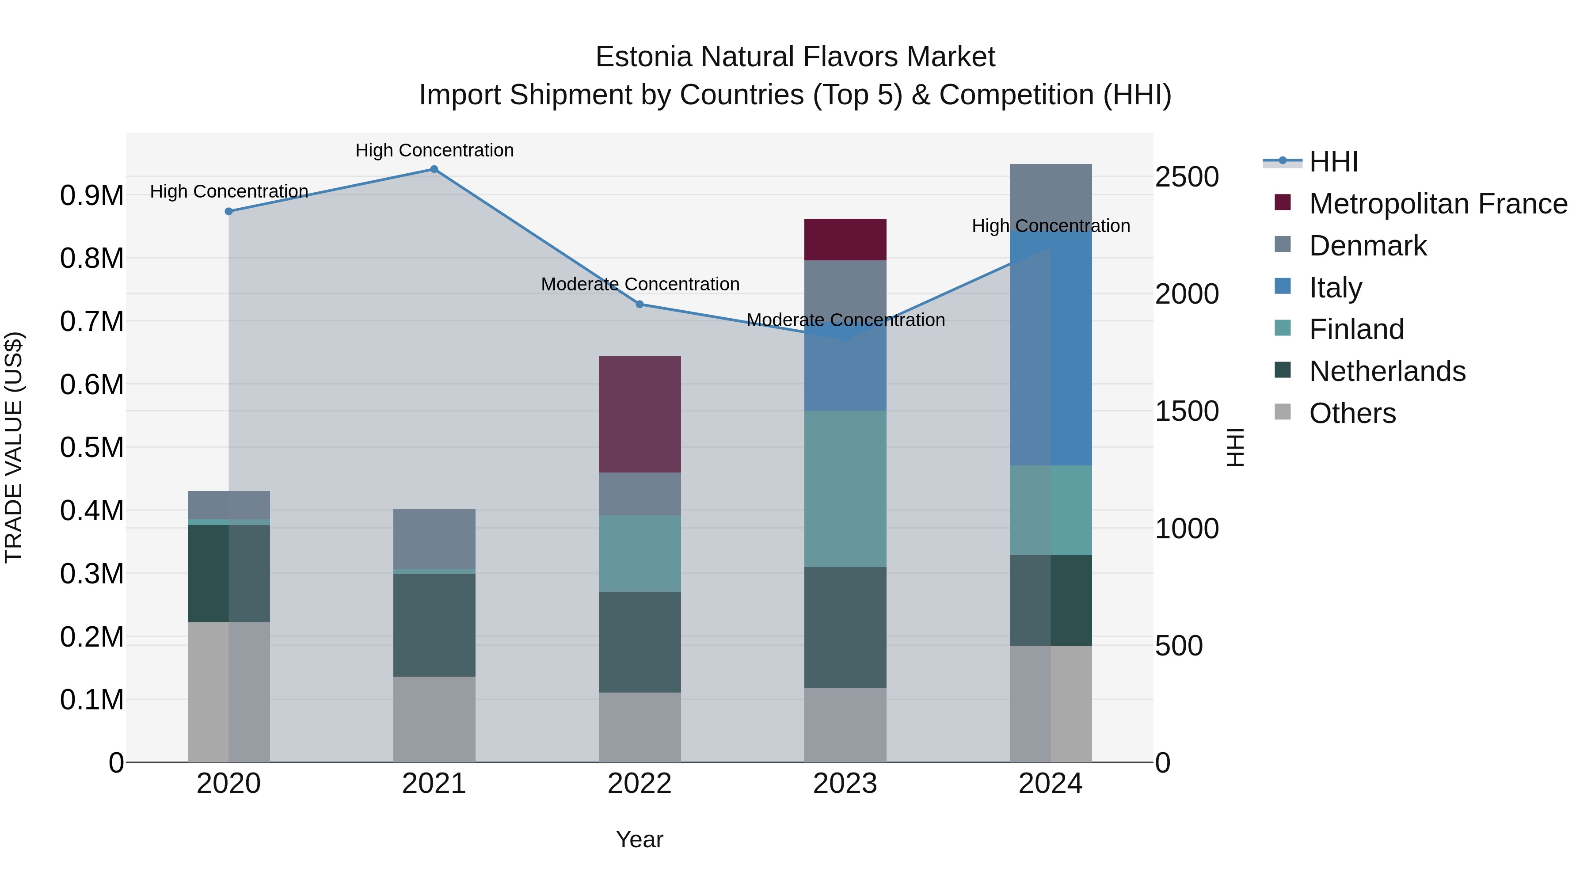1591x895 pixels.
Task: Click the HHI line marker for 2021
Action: [x=434, y=169]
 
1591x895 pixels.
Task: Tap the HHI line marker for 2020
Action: [x=228, y=211]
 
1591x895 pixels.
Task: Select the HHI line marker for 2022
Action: [x=640, y=305]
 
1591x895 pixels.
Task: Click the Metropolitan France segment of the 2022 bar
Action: [x=640, y=414]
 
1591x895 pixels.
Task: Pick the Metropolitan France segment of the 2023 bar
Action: [x=845, y=240]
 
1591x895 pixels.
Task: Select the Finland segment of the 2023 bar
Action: [x=845, y=488]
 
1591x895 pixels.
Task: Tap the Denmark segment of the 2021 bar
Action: [x=434, y=539]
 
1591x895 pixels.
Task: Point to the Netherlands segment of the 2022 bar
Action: [x=640, y=642]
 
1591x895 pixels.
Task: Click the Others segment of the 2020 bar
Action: [x=228, y=692]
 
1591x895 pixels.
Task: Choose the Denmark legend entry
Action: [x=1367, y=246]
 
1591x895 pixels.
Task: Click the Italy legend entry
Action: [x=1335, y=288]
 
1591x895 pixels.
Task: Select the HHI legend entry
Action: [x=1333, y=162]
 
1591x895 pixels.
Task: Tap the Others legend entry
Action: [x=1352, y=413]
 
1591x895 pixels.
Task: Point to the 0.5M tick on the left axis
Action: [x=91, y=448]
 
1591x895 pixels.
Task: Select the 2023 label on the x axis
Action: [x=845, y=784]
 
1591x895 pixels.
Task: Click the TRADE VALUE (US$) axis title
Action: [x=14, y=447]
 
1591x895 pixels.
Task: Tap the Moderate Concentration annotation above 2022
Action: [x=640, y=284]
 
